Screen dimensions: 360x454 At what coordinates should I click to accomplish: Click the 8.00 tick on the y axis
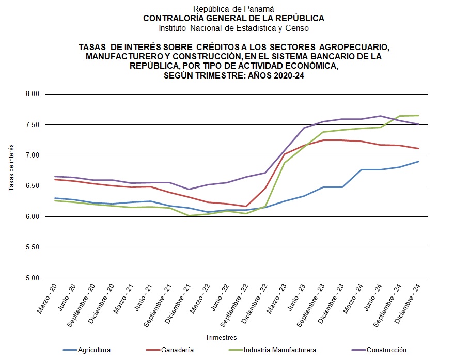[32, 94]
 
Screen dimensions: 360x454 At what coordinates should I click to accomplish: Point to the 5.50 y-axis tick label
[32, 247]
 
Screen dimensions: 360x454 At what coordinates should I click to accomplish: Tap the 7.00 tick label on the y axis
[32, 155]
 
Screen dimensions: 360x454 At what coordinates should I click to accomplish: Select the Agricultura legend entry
[94, 350]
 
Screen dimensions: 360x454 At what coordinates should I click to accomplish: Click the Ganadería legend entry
[177, 350]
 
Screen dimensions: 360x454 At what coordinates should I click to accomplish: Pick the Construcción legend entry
[386, 350]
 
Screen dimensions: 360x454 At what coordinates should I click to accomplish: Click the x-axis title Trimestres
[221, 337]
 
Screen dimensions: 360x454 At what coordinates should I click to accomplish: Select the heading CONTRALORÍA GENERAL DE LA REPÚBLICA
[233, 18]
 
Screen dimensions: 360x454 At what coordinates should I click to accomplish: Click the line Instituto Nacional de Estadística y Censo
[233, 27]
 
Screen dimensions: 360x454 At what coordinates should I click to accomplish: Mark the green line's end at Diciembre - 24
[419, 115]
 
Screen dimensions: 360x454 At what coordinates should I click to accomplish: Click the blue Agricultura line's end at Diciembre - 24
[419, 161]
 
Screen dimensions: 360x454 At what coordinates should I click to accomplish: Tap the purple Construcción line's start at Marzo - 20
[54, 176]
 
